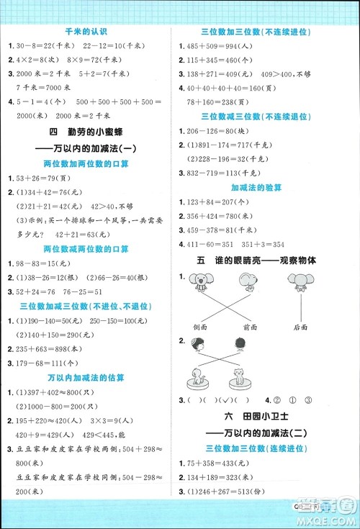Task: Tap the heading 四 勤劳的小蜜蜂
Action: coord(85,132)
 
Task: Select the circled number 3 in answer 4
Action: coord(308,400)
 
